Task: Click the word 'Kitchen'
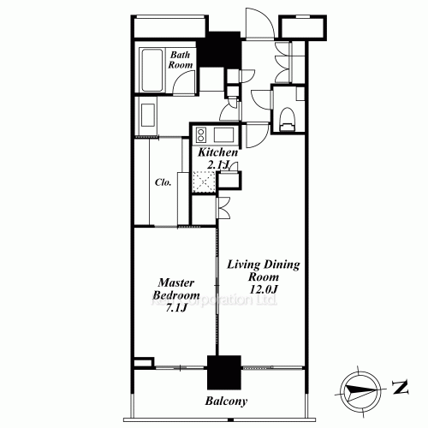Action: pos(217,152)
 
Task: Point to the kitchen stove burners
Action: pos(201,134)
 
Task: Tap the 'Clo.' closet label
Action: pos(163,182)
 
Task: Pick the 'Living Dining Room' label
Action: pos(263,272)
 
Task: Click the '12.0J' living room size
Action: pos(263,291)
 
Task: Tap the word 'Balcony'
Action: pos(226,401)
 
